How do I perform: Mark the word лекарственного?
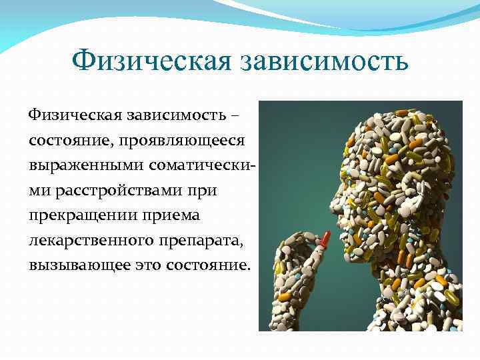click(x=94, y=240)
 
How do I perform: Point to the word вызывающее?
click(x=75, y=265)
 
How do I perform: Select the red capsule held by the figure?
click(x=325, y=238)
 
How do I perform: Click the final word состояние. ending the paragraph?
click(x=208, y=265)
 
